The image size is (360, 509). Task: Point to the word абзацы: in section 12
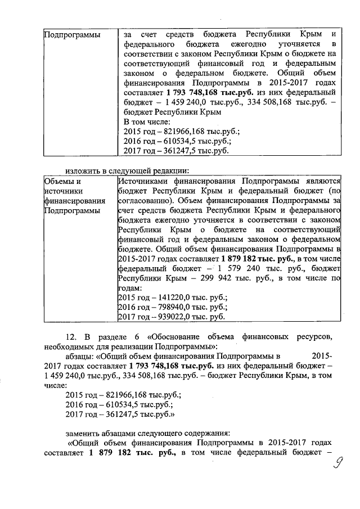[82, 357]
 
